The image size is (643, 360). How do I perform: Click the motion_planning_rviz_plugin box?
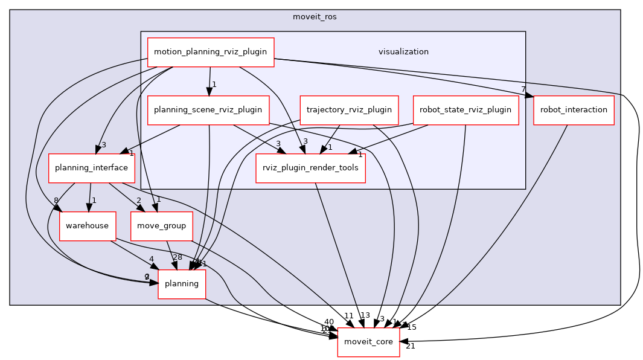tap(211, 52)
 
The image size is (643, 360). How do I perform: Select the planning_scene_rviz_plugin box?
tap(208, 110)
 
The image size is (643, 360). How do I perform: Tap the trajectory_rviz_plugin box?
tap(349, 110)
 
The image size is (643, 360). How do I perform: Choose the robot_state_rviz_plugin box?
tap(465, 110)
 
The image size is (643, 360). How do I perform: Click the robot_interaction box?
tap(574, 110)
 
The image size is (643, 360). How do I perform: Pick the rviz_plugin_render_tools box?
tap(311, 168)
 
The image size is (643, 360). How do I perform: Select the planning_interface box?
tap(91, 168)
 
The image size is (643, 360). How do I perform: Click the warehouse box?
tap(88, 226)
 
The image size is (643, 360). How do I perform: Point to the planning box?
tap(182, 284)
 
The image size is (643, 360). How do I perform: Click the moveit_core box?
tap(368, 342)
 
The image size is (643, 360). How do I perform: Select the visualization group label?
tap(403, 52)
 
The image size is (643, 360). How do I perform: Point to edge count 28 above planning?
tap(178, 258)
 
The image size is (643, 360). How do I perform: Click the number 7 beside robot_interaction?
tap(524, 89)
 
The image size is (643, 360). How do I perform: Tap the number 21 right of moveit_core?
tap(411, 346)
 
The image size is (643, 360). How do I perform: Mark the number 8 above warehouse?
tap(56, 201)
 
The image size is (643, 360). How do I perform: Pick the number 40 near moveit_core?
tap(328, 322)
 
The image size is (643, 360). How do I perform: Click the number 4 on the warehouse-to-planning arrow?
tap(151, 259)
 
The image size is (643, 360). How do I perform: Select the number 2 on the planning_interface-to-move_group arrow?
tap(138, 201)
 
